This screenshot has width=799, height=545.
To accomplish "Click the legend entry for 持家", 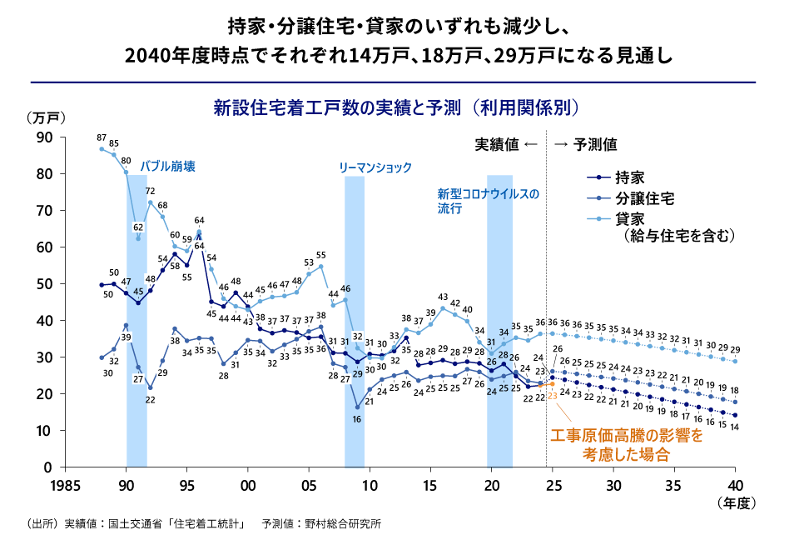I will pos(629,177).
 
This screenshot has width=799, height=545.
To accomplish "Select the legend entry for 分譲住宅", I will pos(644,198).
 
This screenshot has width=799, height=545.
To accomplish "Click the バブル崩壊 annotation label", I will pos(167,166).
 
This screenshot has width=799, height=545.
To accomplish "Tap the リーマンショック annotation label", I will pos(375,167).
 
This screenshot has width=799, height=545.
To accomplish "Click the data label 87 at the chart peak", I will pos(102,137).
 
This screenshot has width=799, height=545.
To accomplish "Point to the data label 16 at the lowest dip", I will pos(356,419).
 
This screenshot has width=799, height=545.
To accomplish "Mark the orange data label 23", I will pos(552,396).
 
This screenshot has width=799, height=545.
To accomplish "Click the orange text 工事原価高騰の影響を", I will pos(627,436).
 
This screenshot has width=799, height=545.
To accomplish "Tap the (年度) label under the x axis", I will pos(734,502).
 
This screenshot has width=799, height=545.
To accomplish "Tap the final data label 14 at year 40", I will pos(735,427).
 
